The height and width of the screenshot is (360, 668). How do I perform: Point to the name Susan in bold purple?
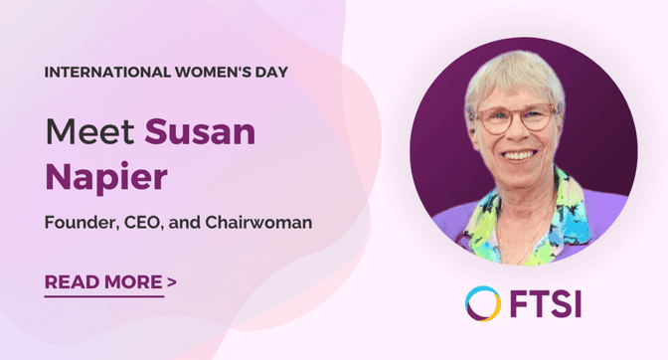[200, 129]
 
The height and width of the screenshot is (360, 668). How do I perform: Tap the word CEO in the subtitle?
[147, 223]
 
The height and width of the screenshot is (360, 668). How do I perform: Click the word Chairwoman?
[262, 223]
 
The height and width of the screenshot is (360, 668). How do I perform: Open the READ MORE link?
[103, 281]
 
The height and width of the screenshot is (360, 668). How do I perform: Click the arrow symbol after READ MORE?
[172, 281]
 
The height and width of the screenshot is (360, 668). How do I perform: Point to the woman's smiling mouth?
[518, 156]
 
